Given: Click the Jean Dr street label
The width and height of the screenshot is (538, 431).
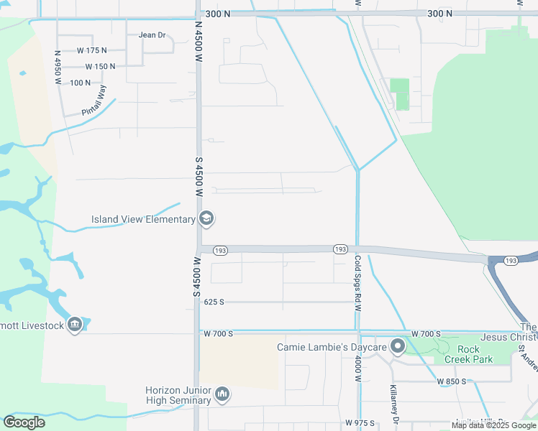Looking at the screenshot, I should click(152, 34).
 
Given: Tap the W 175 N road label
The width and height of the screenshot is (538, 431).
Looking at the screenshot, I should click(91, 50).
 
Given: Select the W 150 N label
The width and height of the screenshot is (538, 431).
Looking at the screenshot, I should click(100, 66).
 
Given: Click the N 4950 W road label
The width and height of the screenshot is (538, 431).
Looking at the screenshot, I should click(58, 67).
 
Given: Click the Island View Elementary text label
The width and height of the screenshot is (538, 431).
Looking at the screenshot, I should click(143, 219).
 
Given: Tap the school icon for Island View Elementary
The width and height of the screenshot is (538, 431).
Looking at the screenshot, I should click(206, 219).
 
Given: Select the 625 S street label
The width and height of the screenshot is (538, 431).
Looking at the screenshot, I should click(214, 302).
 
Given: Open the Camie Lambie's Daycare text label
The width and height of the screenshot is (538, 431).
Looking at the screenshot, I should click(332, 348).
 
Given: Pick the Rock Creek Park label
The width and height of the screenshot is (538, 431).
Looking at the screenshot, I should click(468, 354).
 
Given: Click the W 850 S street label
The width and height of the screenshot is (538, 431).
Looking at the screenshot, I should click(452, 381).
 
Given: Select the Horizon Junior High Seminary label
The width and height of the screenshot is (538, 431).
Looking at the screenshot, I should click(179, 394).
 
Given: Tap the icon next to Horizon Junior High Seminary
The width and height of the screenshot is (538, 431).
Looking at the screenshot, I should click(223, 394).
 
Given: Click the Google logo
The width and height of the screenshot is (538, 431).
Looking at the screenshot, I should click(24, 422).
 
